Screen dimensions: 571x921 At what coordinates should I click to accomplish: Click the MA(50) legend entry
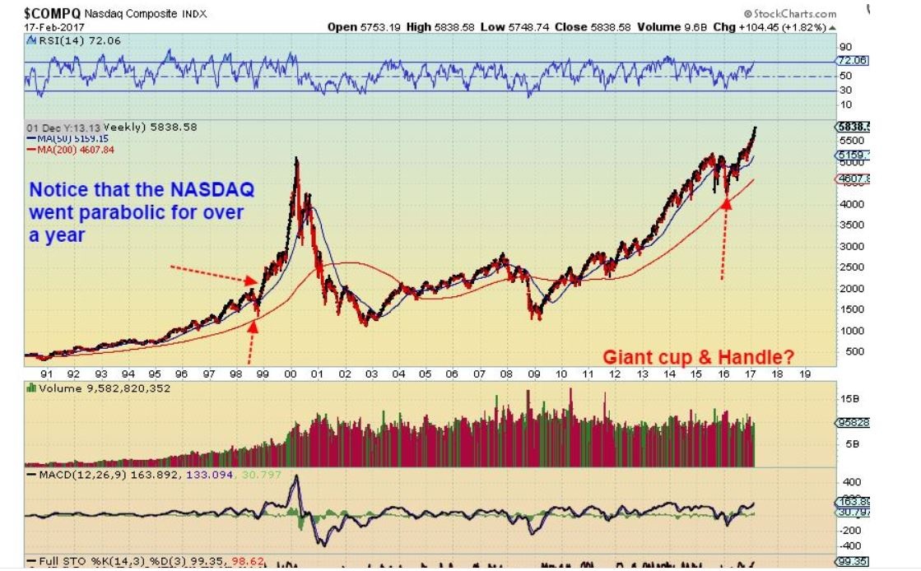point(62,138)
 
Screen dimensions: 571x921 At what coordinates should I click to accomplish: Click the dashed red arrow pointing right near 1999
point(213,275)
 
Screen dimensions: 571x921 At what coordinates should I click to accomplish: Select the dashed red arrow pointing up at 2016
point(725,239)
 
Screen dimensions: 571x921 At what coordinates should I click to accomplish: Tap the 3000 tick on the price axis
point(850,246)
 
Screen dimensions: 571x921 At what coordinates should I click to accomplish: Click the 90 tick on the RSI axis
point(844,47)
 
